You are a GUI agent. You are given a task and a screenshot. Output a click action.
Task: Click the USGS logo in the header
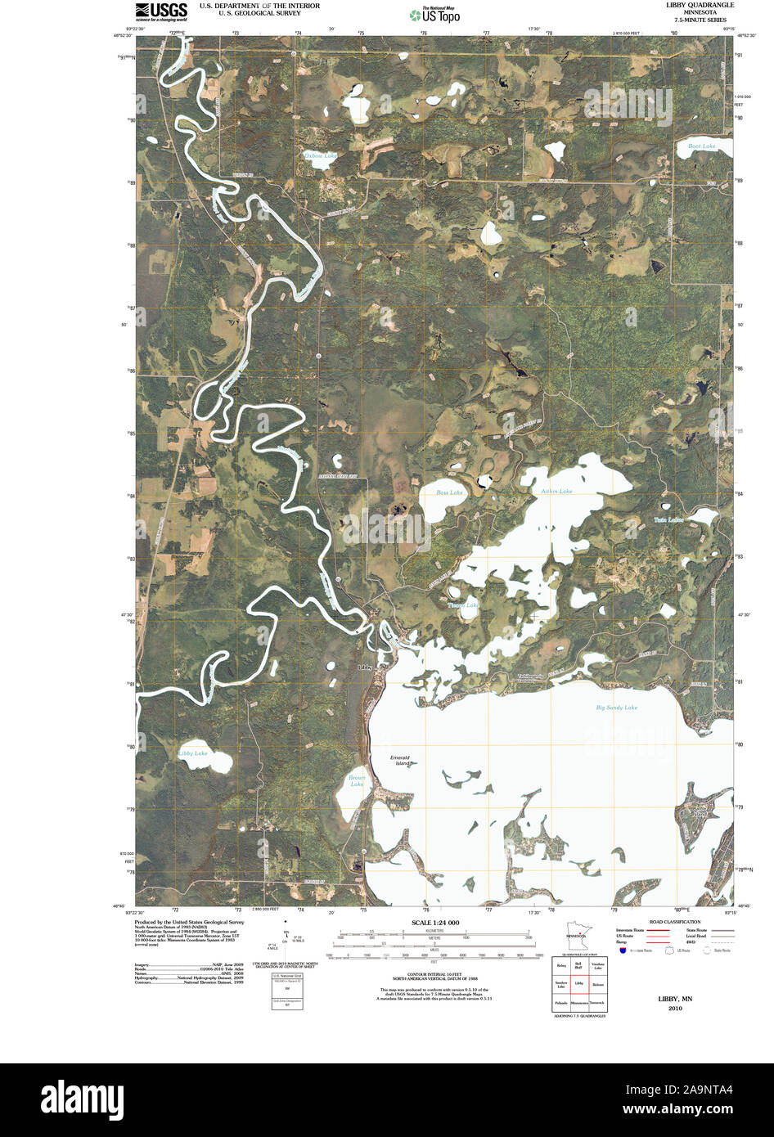(x=161, y=11)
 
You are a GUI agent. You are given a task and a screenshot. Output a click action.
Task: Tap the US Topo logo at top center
(x=435, y=14)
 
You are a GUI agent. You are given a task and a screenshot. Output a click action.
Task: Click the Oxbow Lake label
(x=320, y=155)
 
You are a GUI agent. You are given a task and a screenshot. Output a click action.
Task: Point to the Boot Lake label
(x=701, y=146)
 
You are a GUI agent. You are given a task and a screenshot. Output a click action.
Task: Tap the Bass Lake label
(x=449, y=492)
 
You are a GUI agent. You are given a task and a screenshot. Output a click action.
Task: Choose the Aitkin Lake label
(x=556, y=491)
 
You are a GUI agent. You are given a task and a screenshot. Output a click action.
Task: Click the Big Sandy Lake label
(x=616, y=707)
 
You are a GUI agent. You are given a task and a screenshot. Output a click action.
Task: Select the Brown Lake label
(x=357, y=780)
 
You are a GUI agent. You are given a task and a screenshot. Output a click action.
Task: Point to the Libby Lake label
(x=193, y=753)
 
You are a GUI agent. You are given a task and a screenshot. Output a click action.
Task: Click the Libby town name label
(x=365, y=667)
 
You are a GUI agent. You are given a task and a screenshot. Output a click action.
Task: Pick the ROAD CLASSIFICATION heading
(x=673, y=922)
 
